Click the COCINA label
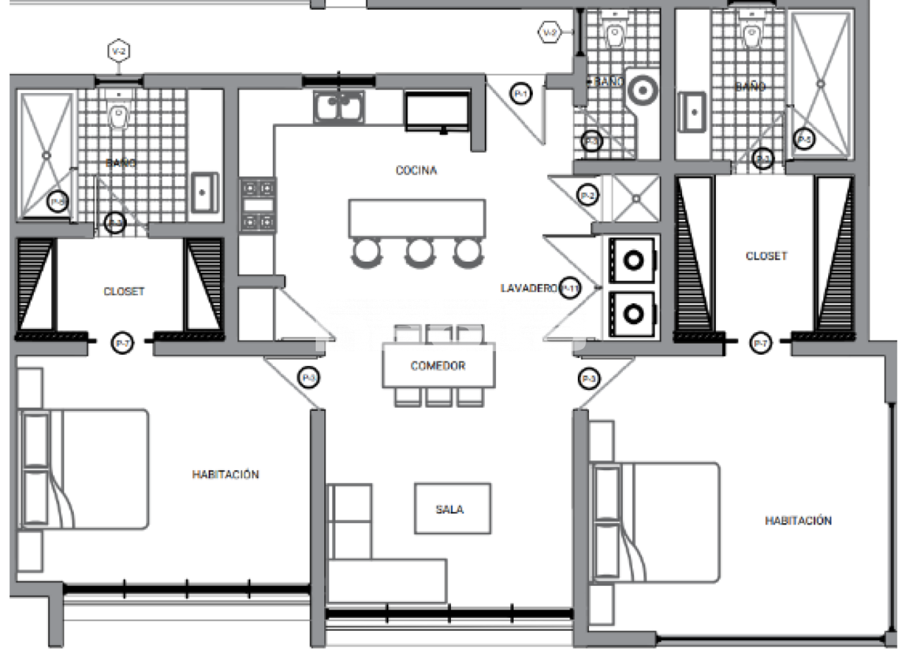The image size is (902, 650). pos(416,171)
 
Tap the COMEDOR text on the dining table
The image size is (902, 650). pos(438,367)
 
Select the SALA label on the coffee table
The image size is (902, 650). pos(450,510)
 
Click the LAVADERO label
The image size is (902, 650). pos(529,288)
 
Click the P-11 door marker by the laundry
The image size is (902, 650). pos(570,288)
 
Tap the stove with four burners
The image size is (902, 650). pos(257,205)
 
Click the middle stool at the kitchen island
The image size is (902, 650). pos(419,252)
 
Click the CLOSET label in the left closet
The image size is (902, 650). pos(124,291)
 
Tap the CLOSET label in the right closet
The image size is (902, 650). pos(766,257)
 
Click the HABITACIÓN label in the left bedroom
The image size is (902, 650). pos(225,475)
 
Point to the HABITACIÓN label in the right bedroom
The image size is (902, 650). pos(798,521)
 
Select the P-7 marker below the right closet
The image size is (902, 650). pos(760,343)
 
